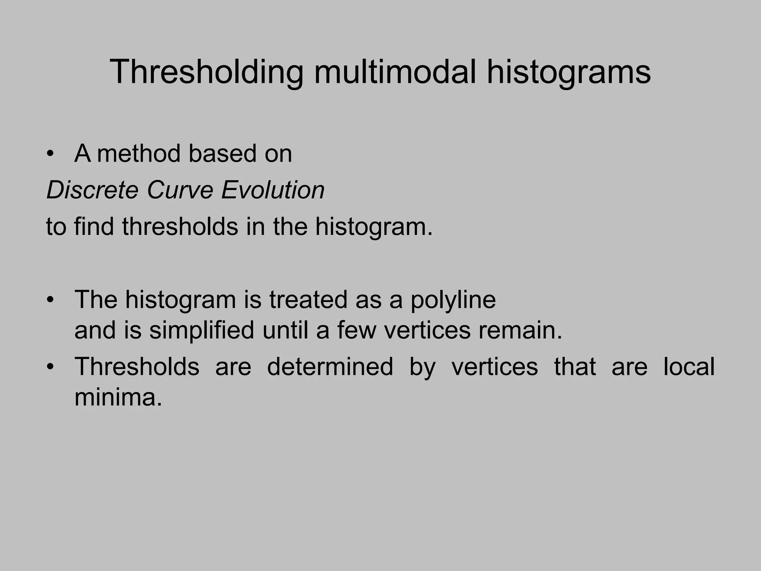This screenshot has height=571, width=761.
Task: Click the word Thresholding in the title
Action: click(x=207, y=72)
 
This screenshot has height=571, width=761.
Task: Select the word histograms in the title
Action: click(x=569, y=72)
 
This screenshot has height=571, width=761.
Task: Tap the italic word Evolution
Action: click(x=273, y=190)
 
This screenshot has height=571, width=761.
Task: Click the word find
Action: click(x=94, y=226)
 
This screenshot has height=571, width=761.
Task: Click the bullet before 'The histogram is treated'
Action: click(x=51, y=300)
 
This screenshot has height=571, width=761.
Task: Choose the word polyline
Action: click(x=453, y=300)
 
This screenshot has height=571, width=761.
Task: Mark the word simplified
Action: click(x=202, y=330)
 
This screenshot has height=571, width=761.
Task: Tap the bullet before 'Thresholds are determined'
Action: click(x=51, y=367)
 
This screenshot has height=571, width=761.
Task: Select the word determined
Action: click(x=330, y=367)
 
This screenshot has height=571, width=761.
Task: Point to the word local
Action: click(x=689, y=367)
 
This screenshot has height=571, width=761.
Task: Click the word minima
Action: click(x=118, y=397)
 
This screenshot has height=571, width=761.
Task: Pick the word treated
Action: click(x=308, y=300)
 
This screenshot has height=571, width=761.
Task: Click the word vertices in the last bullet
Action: click(x=495, y=367)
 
